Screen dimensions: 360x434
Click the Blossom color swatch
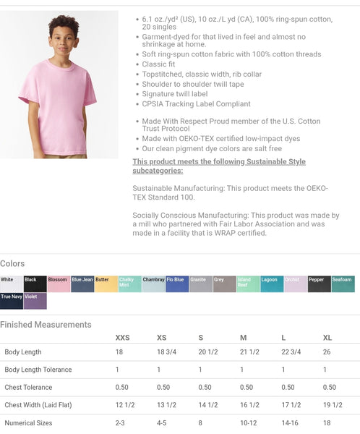pyautogui.click(x=59, y=284)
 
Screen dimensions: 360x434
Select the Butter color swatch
pyautogui.click(x=106, y=284)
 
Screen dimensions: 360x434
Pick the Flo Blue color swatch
pyautogui.click(x=177, y=284)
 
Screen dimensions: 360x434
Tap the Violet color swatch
pyautogui.click(x=35, y=300)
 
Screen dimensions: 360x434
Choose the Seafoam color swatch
pyautogui.click(x=343, y=284)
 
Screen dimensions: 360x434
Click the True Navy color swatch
pyautogui.click(x=12, y=300)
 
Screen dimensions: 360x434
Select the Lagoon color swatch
pyautogui.click(x=272, y=284)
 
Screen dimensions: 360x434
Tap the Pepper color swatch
pyautogui.click(x=319, y=284)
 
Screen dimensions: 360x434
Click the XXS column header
pyautogui.click(x=123, y=338)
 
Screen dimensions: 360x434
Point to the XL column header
pyautogui.click(x=327, y=338)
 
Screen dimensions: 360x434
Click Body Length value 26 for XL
pyautogui.click(x=327, y=352)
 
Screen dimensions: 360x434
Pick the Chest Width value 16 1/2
pyautogui.click(x=249, y=405)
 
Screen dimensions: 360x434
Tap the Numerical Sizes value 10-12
pyautogui.click(x=248, y=422)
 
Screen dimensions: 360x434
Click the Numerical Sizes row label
pyautogui.click(x=28, y=422)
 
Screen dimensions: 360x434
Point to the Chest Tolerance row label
pyautogui.click(x=28, y=387)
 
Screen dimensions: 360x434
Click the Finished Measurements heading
pyautogui.click(x=46, y=325)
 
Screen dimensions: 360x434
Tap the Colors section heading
pyautogui.click(x=12, y=263)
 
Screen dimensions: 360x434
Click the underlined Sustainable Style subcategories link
pyautogui.click(x=219, y=166)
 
